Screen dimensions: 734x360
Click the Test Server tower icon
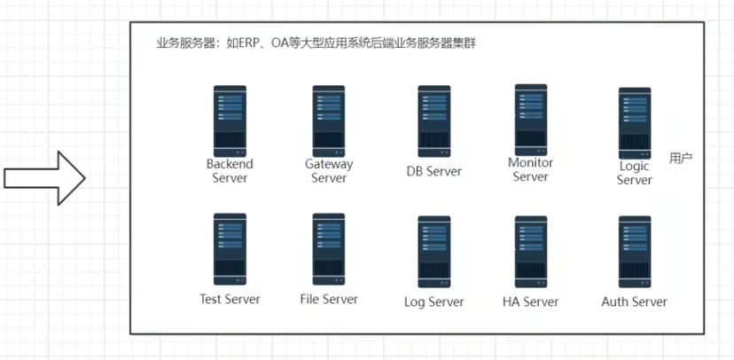[x=230, y=248]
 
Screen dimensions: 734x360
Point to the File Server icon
[x=329, y=248]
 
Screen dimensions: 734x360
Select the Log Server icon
[x=434, y=251]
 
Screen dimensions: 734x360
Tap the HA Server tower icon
[x=531, y=251]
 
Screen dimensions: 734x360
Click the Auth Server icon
[x=635, y=251]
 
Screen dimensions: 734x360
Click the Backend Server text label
[x=230, y=171]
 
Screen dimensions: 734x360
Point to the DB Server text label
[x=434, y=171]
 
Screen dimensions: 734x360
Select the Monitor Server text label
[x=531, y=169]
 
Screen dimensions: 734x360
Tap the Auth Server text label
[x=635, y=301]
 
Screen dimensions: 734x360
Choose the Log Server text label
[x=434, y=301]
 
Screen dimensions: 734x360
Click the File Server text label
[x=329, y=299]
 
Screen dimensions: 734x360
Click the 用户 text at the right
[x=681, y=158]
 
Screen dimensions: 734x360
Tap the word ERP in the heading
[x=238, y=43]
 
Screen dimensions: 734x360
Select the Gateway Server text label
[x=329, y=171]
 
